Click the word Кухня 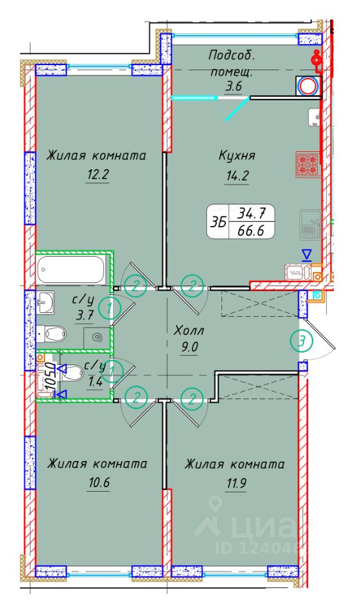pos(237,155)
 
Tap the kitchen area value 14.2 pos(236,178)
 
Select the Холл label pos(189,331)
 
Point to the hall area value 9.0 pos(189,350)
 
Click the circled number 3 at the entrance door pos(302,342)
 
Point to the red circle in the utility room pos(308,86)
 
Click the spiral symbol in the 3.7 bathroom pos(97,338)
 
